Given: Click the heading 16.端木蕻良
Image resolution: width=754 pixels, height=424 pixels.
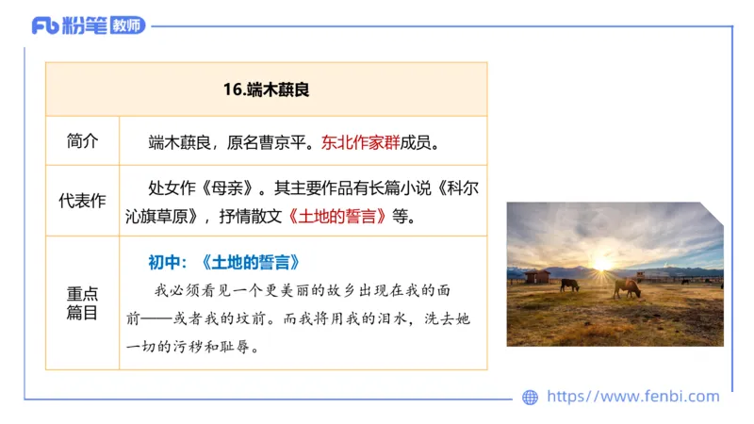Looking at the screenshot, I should (x=267, y=90).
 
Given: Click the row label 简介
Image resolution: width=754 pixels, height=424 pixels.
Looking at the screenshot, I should (x=82, y=141).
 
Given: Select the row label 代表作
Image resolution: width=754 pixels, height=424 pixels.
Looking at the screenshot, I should (x=82, y=200).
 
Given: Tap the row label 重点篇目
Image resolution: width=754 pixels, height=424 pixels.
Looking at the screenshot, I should (x=82, y=302).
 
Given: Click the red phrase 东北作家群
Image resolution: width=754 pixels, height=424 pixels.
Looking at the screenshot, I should (x=360, y=143).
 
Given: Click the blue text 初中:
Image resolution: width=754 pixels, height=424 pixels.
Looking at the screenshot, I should (x=170, y=261).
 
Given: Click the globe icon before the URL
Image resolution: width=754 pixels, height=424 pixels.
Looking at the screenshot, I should (x=530, y=398).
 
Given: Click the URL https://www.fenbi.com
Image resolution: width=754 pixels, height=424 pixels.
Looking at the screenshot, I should (x=632, y=397).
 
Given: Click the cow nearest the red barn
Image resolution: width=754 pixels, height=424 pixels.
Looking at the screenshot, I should (x=569, y=283).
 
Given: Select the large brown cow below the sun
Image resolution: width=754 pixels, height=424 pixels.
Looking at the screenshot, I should (x=626, y=287).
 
